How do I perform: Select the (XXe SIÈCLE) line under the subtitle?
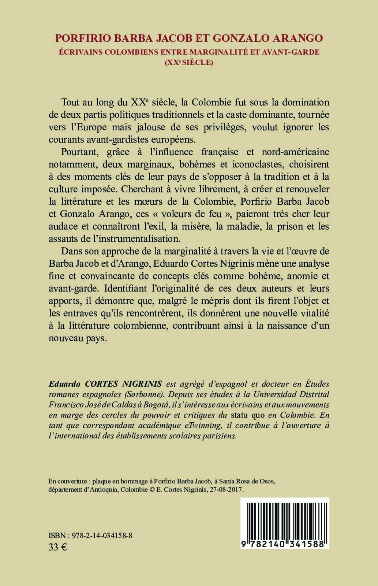point(189,62)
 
